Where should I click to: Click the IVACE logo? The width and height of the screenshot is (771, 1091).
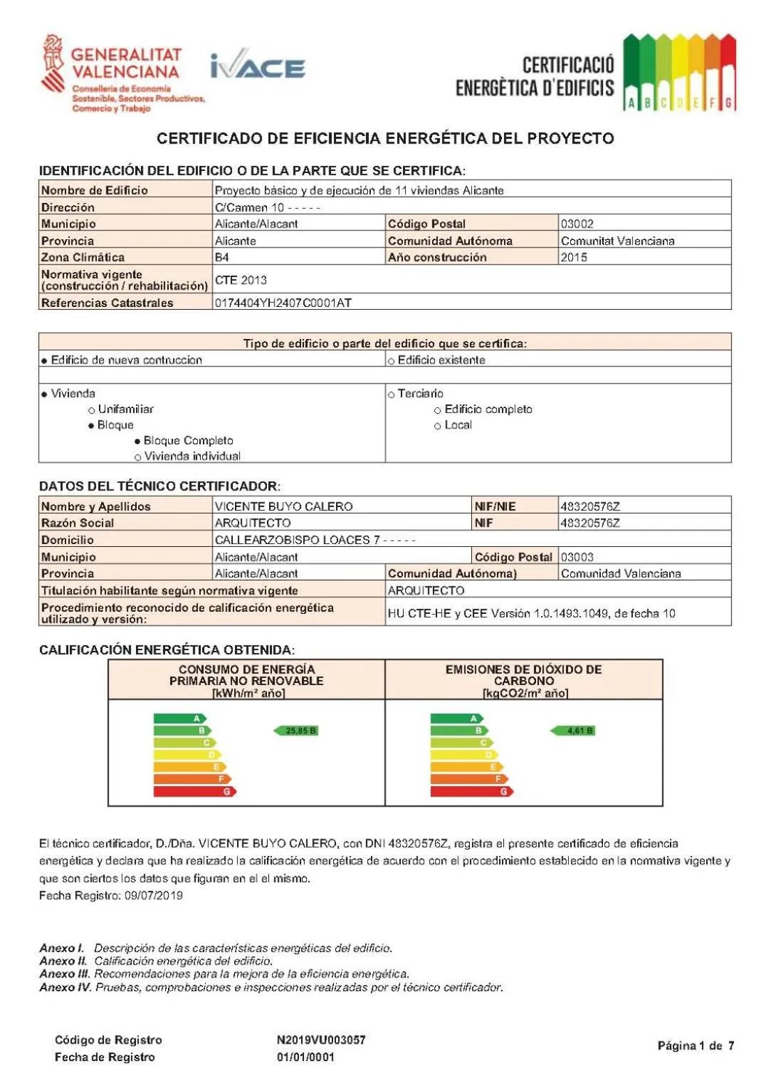pos(258,66)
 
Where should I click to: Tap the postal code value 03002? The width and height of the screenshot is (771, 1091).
pos(577,224)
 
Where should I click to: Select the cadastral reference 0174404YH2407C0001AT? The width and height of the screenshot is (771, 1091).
pos(283,303)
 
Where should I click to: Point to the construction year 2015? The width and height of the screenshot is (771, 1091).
pos(574,257)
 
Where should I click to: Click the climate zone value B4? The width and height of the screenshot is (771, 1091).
pos(222,257)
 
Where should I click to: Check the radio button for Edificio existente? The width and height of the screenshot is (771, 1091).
pos(392,361)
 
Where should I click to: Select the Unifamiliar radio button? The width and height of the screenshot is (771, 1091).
pos(92,410)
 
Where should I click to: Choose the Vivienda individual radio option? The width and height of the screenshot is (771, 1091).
pos(137,457)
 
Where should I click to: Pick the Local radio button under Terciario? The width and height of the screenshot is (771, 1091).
pos(438,426)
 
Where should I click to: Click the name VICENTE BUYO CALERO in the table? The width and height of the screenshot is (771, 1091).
pos(283,506)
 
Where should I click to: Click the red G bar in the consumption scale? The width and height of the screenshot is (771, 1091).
pos(194,791)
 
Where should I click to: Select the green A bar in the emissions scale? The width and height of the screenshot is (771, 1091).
pos(456,719)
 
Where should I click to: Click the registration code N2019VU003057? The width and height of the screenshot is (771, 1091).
pos(321,1040)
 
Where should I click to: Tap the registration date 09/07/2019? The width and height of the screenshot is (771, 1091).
pos(153,895)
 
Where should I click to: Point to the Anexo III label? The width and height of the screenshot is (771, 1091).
pos(65,973)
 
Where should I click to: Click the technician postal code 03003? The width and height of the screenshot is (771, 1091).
pos(577,557)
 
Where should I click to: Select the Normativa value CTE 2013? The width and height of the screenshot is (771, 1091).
pos(241,280)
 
